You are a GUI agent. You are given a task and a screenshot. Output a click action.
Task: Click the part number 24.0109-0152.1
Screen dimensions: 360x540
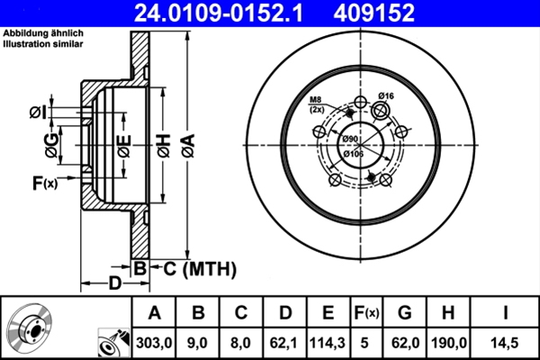pyautogui.click(x=221, y=13)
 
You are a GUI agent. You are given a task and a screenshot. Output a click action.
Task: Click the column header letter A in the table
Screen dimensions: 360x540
pyautogui.click(x=155, y=313)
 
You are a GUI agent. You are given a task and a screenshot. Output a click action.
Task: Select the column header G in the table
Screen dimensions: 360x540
pyautogui.click(x=404, y=313)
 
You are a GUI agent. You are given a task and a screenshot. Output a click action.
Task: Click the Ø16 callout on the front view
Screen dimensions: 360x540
pyautogui.click(x=388, y=95)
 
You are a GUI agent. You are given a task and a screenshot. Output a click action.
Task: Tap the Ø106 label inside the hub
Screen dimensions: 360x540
pyautogui.click(x=355, y=153)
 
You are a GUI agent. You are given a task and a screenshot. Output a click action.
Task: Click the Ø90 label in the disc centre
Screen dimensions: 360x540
pyautogui.click(x=350, y=139)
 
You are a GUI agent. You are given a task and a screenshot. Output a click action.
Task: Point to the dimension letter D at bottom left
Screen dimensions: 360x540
pyautogui.click(x=115, y=284)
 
